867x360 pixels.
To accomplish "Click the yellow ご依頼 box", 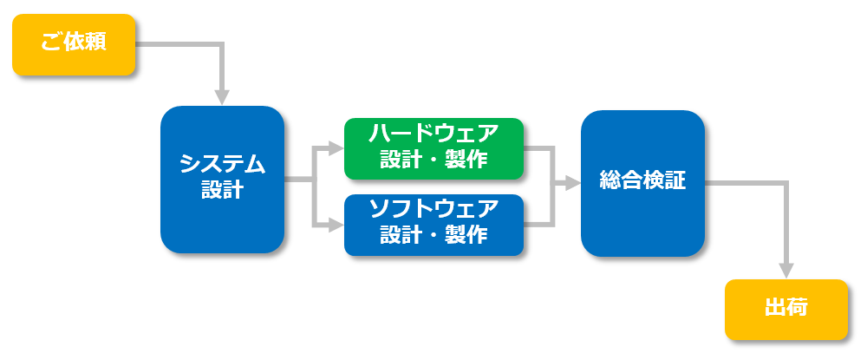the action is pyautogui.click(x=74, y=44).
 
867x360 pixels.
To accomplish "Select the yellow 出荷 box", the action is pyautogui.click(x=786, y=310).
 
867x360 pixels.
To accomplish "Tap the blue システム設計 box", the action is pyautogui.click(x=222, y=180).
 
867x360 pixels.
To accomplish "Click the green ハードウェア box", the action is pyautogui.click(x=434, y=148).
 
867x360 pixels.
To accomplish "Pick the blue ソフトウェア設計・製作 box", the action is pyautogui.click(x=434, y=225).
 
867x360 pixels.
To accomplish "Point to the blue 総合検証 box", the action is pyautogui.click(x=642, y=184).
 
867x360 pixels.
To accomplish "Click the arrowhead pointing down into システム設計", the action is pyautogui.click(x=222, y=97).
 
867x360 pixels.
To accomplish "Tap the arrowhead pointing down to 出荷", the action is pyautogui.click(x=786, y=271).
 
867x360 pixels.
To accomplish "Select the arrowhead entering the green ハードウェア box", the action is pyautogui.click(x=336, y=148).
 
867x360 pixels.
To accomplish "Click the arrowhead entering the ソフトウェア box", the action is pyautogui.click(x=336, y=225).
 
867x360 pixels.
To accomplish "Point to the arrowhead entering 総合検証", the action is pyautogui.click(x=573, y=184).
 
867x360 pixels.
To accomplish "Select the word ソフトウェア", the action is pyautogui.click(x=434, y=210).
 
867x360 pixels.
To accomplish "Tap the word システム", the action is pyautogui.click(x=222, y=165).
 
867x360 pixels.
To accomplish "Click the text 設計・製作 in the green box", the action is pyautogui.click(x=434, y=160).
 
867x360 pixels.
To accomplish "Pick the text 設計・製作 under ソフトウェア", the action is pyautogui.click(x=434, y=236).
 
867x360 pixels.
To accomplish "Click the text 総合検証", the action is pyautogui.click(x=642, y=180).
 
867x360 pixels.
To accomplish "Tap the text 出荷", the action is pyautogui.click(x=786, y=308).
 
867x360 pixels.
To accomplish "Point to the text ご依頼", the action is pyautogui.click(x=74, y=43).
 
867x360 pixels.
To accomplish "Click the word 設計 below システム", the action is pyautogui.click(x=222, y=190).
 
